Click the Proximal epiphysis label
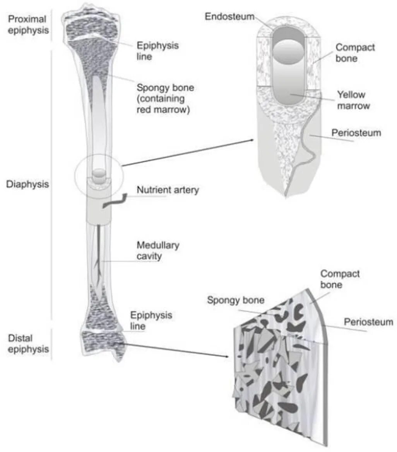[x=27, y=24]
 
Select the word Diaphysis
[x=27, y=184]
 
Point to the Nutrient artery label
[x=168, y=190]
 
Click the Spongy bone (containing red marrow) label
[x=165, y=99]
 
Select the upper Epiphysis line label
[x=157, y=51]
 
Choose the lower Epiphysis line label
[x=151, y=321]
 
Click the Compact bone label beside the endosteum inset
[x=355, y=53]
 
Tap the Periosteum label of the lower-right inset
[x=368, y=322]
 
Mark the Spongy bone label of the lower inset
[x=236, y=300]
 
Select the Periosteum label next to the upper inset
[x=356, y=133]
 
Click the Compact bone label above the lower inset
[x=340, y=279]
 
